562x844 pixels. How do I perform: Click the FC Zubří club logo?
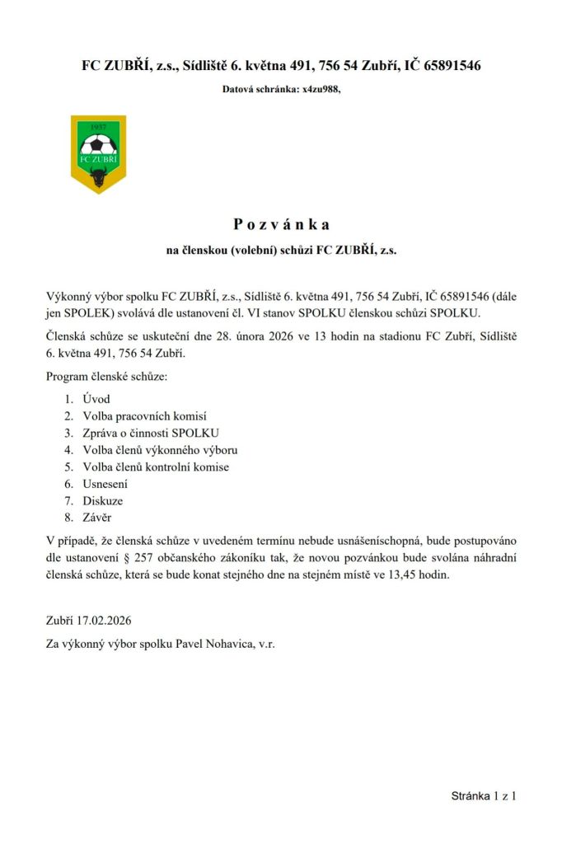pos(98,154)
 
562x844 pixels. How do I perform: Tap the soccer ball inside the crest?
pos(98,146)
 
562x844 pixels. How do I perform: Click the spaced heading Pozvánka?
pos(281,224)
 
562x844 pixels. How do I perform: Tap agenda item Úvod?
pos(96,400)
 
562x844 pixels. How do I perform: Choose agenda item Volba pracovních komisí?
pos(144,416)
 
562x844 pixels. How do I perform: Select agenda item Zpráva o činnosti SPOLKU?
pos(152,434)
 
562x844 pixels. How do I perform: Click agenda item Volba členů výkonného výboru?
pos(160,450)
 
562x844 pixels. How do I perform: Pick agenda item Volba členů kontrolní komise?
pos(156,467)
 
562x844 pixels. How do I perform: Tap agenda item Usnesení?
pos(105,484)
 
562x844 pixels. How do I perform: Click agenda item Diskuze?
pos(103,501)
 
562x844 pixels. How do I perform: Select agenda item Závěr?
pos(97,518)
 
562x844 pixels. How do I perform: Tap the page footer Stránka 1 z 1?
pos(483,796)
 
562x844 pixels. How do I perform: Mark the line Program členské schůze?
pos(106,377)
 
